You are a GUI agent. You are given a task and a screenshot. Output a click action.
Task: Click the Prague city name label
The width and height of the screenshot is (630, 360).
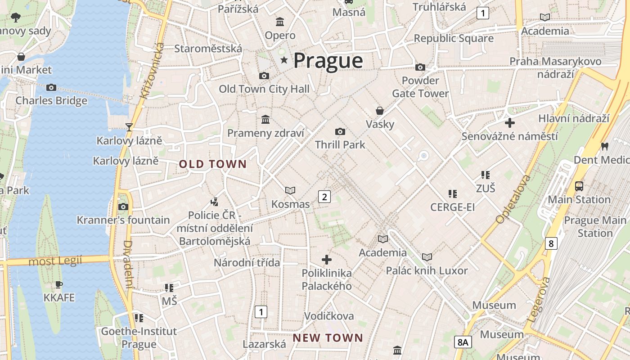[x=328, y=61]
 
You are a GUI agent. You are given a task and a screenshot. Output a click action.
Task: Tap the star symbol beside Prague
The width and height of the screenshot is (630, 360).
[x=284, y=60]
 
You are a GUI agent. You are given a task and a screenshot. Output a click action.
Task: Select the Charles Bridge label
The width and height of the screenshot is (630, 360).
[x=51, y=100]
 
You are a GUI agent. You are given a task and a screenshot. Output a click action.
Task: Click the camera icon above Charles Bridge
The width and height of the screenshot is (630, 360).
[x=51, y=87]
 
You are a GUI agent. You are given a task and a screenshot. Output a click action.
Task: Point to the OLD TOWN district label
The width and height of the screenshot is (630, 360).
[x=213, y=164]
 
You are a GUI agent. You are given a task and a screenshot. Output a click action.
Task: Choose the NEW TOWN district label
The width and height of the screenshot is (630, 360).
[x=328, y=337]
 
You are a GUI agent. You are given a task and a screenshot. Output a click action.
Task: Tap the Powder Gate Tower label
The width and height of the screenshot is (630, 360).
[x=420, y=87]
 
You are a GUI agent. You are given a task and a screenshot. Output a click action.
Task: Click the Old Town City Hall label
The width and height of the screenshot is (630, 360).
[x=264, y=89]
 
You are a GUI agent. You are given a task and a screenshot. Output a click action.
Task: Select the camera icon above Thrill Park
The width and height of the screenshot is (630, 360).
[x=340, y=131]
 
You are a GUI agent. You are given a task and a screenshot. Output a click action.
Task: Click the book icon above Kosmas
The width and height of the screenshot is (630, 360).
[x=290, y=191]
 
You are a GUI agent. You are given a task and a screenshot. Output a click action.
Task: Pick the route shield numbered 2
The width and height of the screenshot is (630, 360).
[x=324, y=196]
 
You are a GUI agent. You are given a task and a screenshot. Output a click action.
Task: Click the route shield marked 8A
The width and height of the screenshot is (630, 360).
[x=463, y=342]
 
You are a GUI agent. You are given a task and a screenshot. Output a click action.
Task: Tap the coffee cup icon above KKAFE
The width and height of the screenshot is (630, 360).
[x=58, y=284]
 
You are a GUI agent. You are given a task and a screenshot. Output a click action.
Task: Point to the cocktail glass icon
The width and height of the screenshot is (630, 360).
[x=129, y=127]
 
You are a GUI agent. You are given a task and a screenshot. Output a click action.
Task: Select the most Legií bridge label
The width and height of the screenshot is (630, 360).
[x=55, y=261]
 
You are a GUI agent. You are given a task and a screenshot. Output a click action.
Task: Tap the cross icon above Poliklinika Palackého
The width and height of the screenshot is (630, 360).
[x=327, y=260]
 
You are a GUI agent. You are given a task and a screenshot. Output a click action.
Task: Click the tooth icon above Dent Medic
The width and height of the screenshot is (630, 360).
[x=605, y=146]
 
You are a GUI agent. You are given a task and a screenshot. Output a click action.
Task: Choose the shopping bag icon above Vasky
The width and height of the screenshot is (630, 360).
[x=380, y=111]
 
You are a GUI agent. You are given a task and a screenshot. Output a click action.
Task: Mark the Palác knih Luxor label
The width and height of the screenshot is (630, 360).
[x=427, y=270]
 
